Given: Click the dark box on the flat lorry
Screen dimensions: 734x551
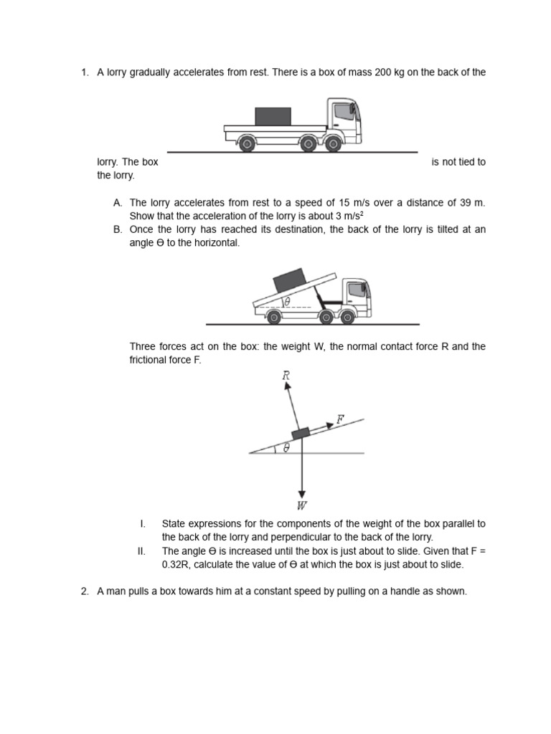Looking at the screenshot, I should (273, 116).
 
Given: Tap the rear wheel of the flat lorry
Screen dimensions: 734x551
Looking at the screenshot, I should (246, 144).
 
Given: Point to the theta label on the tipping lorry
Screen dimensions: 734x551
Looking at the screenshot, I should (288, 302).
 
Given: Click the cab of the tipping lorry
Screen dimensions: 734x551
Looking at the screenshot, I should (356, 295).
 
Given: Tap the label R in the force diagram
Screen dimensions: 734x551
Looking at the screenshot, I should (286, 375).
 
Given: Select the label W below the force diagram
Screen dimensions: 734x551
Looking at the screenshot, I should (302, 505).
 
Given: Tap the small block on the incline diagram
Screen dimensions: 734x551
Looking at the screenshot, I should (301, 433).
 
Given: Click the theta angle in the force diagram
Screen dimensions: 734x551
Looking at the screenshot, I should (286, 447).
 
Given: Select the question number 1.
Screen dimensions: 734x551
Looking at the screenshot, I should (84, 72).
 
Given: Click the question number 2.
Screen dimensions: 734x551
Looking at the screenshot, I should (84, 591).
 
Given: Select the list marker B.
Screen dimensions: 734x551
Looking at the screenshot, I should (118, 229).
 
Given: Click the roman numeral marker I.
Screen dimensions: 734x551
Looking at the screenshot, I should (141, 524).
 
